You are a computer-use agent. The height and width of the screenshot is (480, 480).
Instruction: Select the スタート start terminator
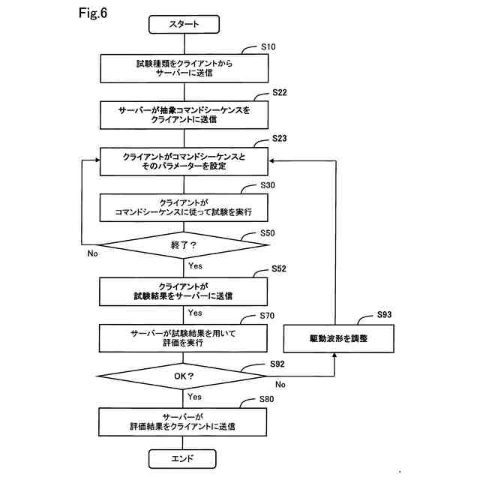point(184,25)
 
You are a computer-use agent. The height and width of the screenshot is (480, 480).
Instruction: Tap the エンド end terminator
point(184,457)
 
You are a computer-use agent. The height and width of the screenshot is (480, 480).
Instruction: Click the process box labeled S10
point(184,69)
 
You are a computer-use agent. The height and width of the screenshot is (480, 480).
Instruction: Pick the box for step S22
point(184,114)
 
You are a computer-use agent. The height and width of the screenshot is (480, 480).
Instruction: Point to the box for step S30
point(184,208)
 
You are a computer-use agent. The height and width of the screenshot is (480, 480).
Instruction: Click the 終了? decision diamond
point(184,245)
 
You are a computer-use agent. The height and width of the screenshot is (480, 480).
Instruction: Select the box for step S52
point(184,292)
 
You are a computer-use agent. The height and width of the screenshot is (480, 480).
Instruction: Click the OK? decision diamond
point(184,376)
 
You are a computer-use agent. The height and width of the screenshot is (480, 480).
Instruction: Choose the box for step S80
point(184,421)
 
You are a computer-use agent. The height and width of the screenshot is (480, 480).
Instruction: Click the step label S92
point(277,364)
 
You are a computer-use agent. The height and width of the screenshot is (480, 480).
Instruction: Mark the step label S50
point(268,232)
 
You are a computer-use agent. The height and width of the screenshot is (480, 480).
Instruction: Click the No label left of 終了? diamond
point(92,253)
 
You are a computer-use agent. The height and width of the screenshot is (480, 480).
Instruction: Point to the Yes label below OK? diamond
point(195,397)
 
